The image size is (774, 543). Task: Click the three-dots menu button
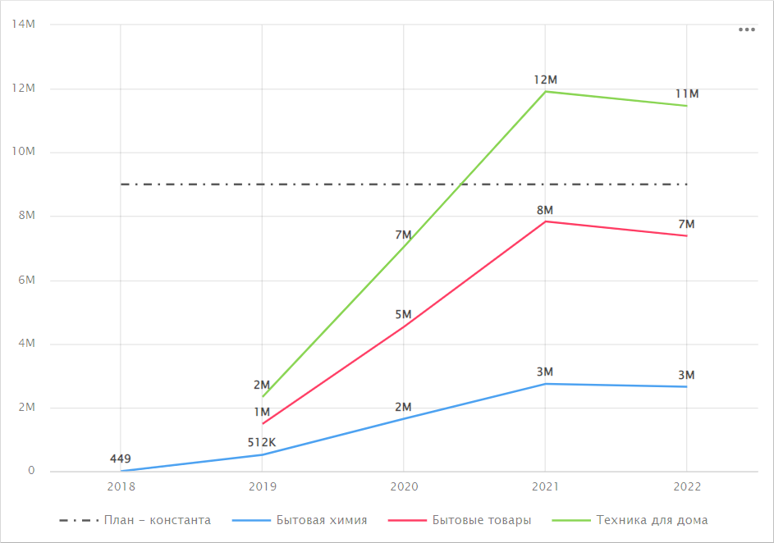(x=746, y=30)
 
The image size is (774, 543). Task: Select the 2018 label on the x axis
(x=121, y=486)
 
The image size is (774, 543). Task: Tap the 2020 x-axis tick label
(x=404, y=486)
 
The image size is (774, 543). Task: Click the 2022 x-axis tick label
(x=687, y=486)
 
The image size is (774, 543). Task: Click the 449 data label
(x=121, y=459)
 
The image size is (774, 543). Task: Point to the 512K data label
(x=262, y=443)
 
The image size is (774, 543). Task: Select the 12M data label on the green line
(x=545, y=80)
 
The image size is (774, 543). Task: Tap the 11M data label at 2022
(x=687, y=94)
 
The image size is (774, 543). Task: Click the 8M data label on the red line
(x=545, y=210)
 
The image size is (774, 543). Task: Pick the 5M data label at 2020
(x=403, y=314)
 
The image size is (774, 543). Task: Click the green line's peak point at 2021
(x=545, y=91)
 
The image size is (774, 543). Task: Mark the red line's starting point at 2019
(x=263, y=423)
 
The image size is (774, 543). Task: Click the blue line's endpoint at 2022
(x=687, y=386)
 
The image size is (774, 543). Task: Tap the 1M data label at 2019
(x=262, y=412)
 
